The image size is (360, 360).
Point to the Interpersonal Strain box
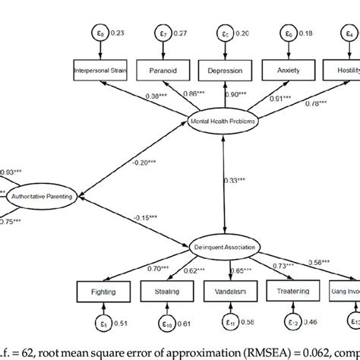point(104,71)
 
